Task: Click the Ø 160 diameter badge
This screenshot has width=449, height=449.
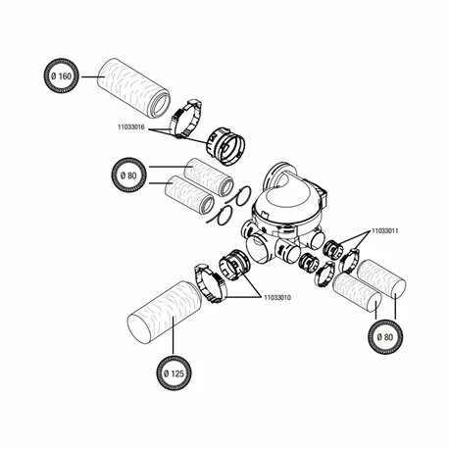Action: tap(61, 75)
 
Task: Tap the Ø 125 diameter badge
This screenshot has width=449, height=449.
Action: tap(174, 373)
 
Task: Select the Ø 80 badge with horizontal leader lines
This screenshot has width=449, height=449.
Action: tap(128, 175)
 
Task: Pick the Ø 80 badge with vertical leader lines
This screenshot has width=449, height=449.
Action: tap(385, 336)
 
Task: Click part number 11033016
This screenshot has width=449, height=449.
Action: tap(131, 127)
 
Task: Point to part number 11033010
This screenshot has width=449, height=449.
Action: tap(277, 297)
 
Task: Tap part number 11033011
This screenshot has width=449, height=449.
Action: tap(385, 230)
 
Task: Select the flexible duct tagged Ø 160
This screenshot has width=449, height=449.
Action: tap(134, 88)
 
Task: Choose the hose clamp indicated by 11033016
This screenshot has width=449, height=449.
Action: tap(185, 120)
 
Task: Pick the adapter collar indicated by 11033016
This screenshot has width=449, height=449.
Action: tap(225, 146)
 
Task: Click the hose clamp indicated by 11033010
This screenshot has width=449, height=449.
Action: tap(209, 283)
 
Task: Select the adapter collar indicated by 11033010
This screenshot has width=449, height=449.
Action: tap(234, 265)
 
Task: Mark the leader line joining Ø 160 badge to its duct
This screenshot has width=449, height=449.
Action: tap(93, 76)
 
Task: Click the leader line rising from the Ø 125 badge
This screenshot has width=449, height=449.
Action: tap(174, 335)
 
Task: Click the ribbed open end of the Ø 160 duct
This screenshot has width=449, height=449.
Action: tap(160, 106)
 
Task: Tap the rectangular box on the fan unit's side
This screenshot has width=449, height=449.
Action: tap(323, 197)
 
